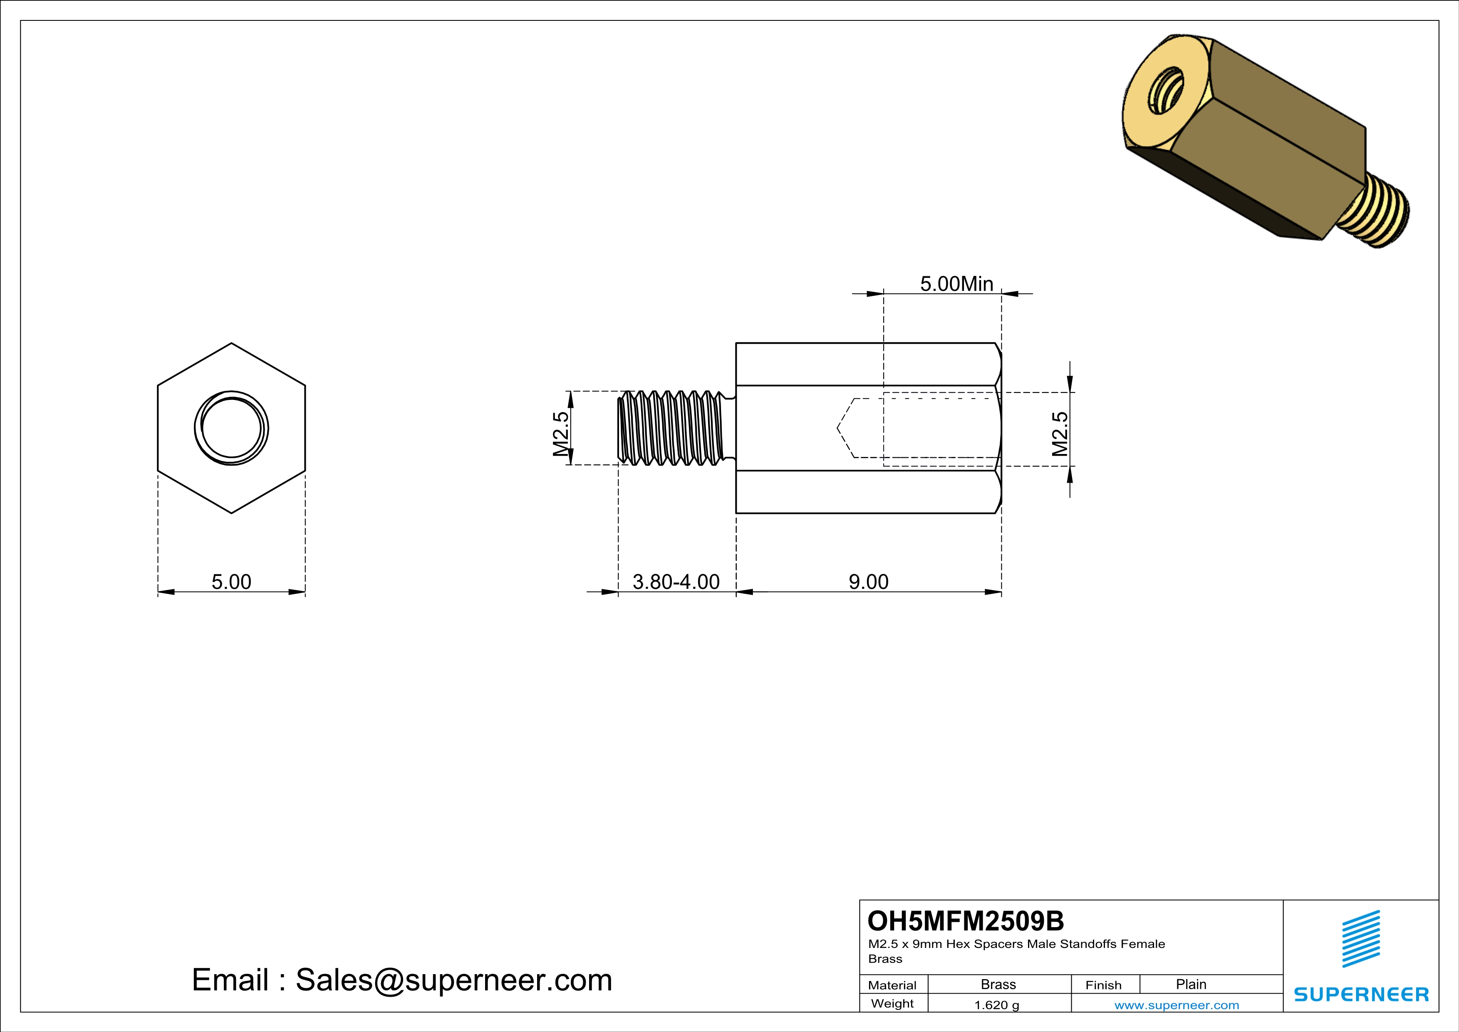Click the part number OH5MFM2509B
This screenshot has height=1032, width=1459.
(965, 921)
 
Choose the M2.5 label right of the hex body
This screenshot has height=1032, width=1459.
(1059, 434)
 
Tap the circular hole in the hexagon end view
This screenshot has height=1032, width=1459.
(231, 428)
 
